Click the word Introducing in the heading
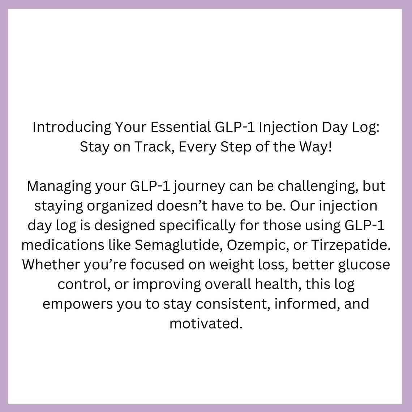72,128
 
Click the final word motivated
206,323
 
